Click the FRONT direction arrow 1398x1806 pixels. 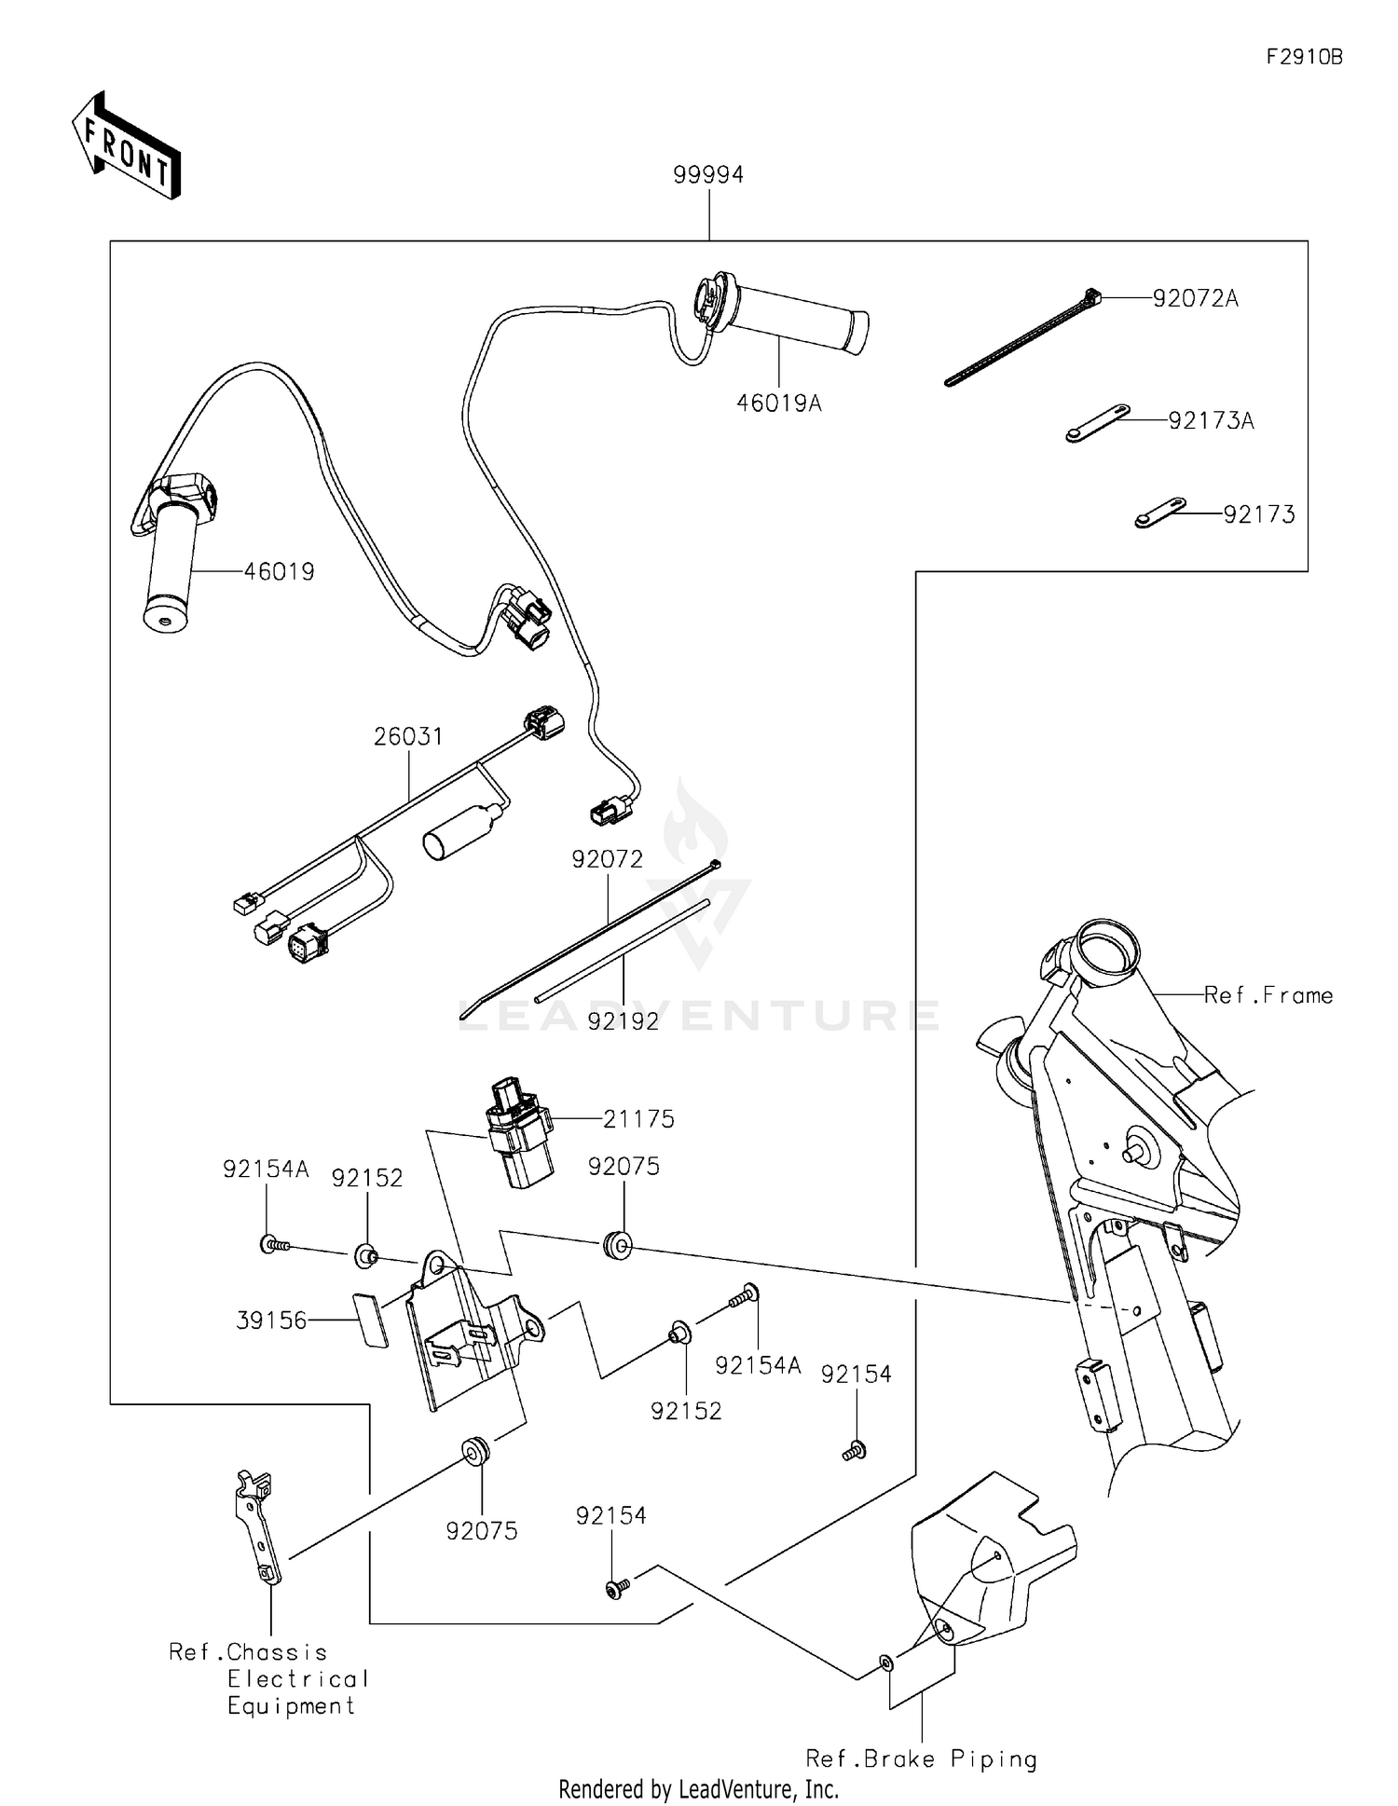pos(126,147)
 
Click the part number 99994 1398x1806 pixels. pos(708,174)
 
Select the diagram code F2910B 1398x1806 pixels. pos(1304,57)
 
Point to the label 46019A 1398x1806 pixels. pos(778,404)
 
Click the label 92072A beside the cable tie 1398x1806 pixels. pos(1195,298)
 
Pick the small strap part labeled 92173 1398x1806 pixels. pos(1159,513)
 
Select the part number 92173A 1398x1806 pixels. pos(1211,420)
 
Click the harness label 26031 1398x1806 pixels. pos(407,736)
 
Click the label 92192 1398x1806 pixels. pos(623,1021)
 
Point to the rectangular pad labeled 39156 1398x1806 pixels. pos(370,1319)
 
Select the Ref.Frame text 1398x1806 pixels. pos(1268,995)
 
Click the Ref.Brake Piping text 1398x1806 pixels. pos(921,1758)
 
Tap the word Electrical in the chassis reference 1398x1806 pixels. pos(298,1678)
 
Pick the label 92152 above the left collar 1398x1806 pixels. pos(367,1178)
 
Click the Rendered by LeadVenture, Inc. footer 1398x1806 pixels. pos(698,1788)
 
